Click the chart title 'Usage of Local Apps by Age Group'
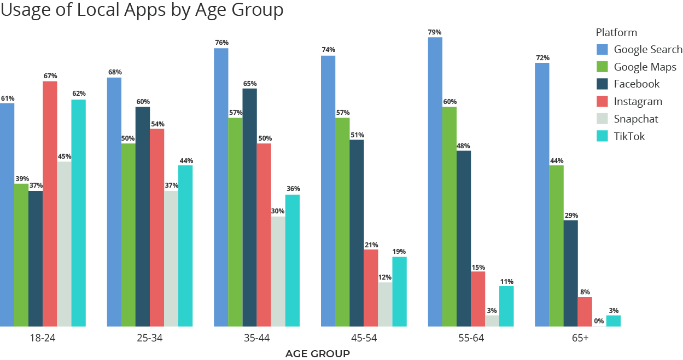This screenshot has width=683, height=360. [x=142, y=10]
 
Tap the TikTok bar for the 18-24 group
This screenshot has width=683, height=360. [x=78, y=213]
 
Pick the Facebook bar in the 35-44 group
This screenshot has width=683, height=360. [x=249, y=207]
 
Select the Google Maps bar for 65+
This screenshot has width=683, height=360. [x=556, y=246]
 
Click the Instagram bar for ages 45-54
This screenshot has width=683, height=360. [x=371, y=288]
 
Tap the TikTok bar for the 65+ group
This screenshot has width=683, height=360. [x=613, y=321]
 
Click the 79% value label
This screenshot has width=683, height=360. [x=435, y=32]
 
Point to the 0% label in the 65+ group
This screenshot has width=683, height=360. [x=599, y=321]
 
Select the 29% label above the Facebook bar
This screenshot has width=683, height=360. [x=571, y=215]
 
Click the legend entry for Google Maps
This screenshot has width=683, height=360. [x=645, y=67]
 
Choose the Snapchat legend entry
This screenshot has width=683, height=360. [x=635, y=119]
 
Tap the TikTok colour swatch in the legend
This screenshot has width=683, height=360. [x=602, y=136]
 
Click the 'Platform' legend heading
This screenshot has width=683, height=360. [x=616, y=32]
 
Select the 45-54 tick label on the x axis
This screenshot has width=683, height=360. [x=364, y=338]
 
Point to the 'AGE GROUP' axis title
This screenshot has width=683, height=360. [x=317, y=354]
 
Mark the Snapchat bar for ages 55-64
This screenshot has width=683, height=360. [x=492, y=321]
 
